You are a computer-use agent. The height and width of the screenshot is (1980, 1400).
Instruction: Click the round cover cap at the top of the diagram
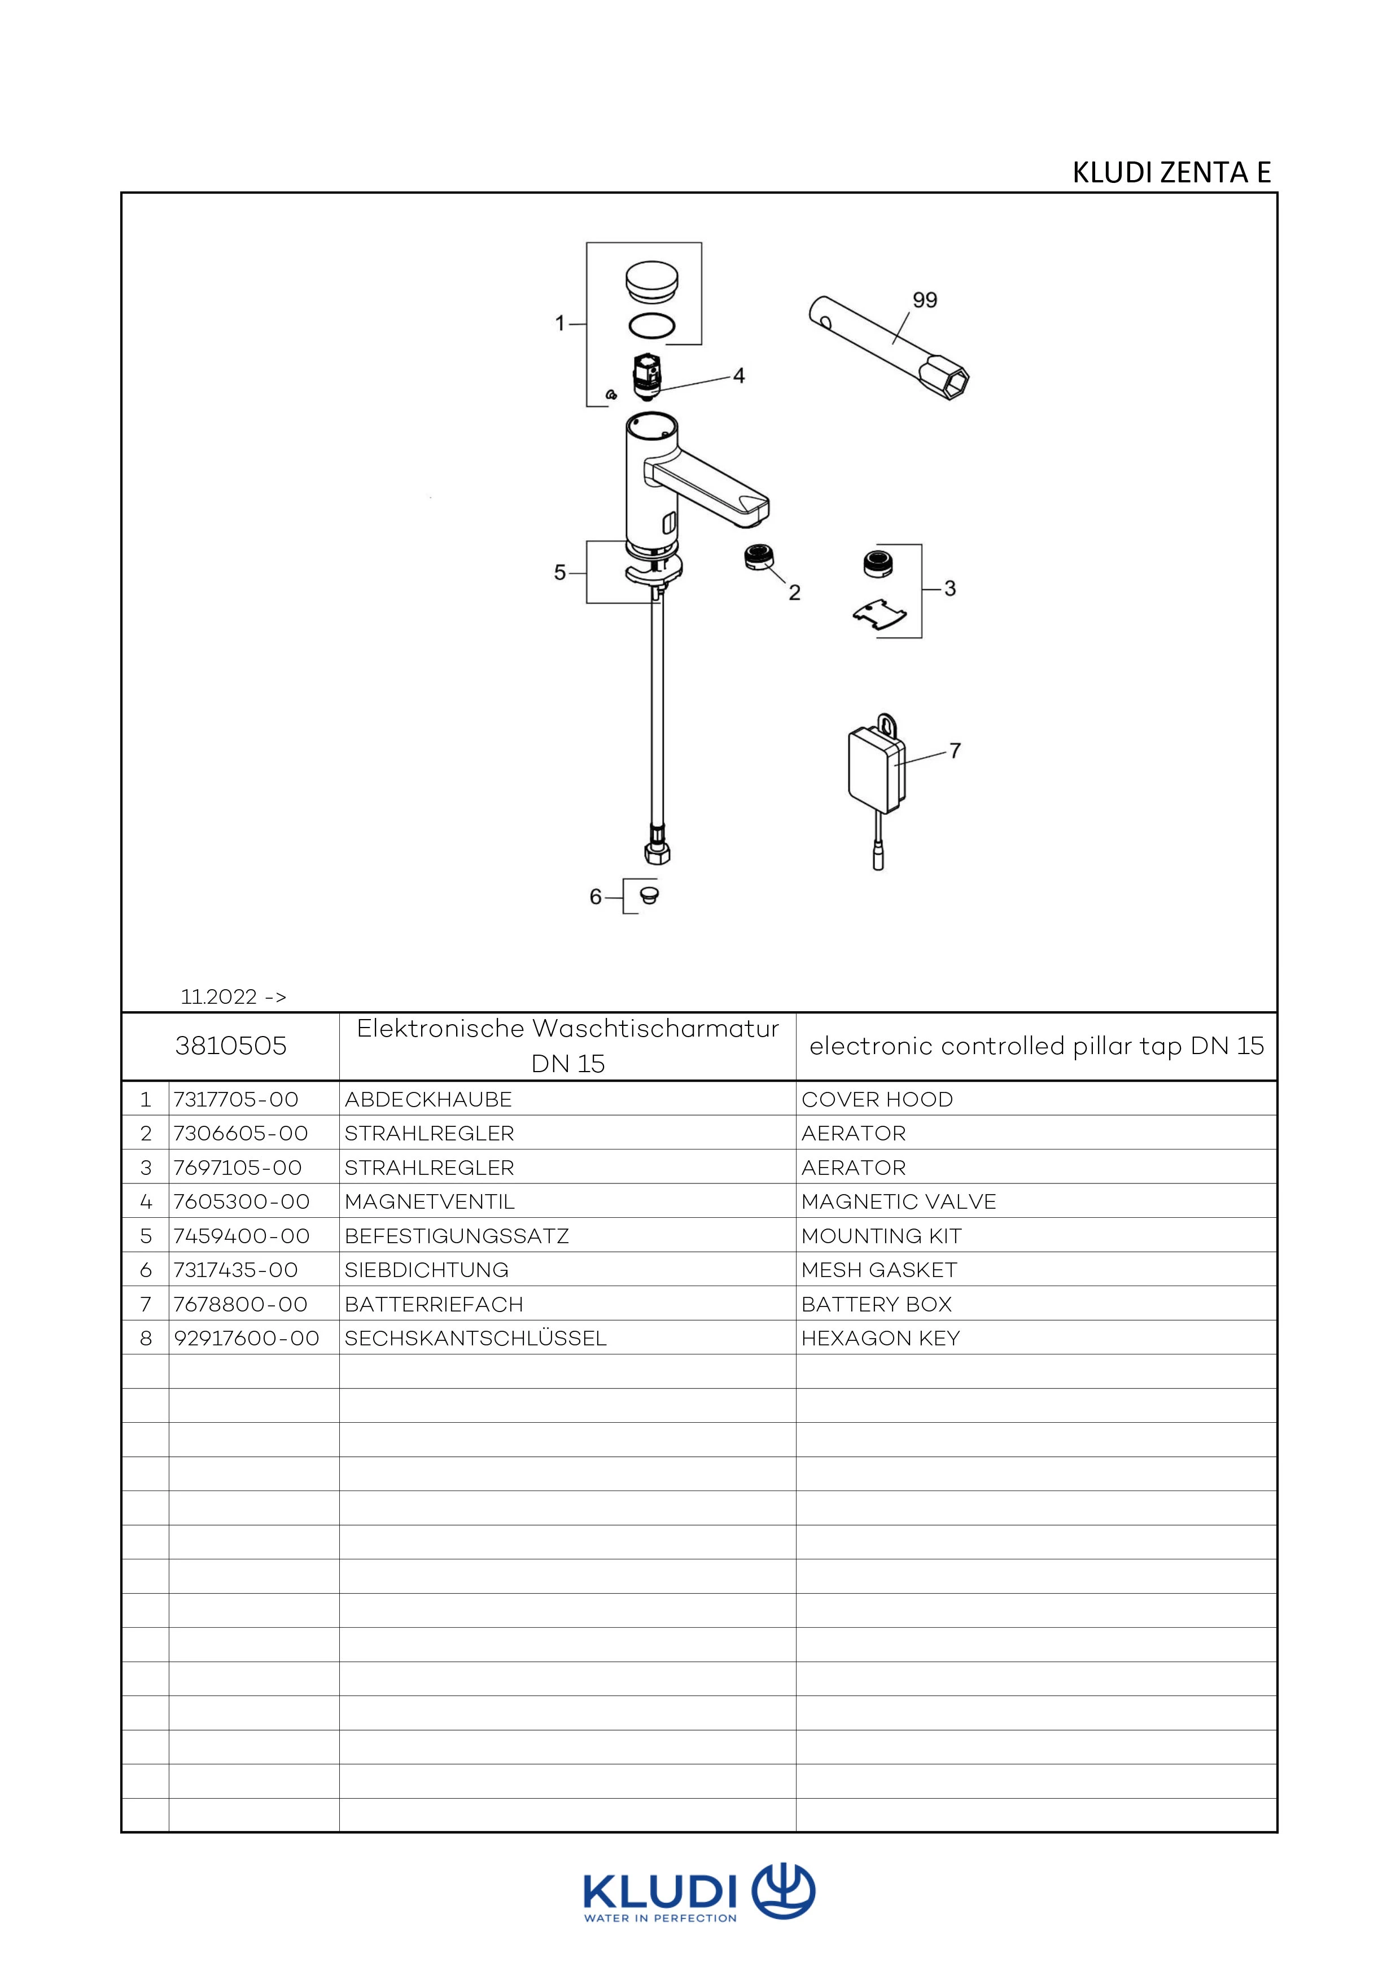click(651, 283)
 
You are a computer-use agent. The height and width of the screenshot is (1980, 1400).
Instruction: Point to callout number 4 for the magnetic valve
click(739, 376)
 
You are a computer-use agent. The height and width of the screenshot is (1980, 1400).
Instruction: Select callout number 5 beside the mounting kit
click(559, 572)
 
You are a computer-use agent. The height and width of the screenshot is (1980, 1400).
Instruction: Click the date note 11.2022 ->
click(233, 997)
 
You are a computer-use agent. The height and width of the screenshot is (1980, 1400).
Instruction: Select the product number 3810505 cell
click(230, 1046)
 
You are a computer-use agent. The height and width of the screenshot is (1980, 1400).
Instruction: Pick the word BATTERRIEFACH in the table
click(434, 1304)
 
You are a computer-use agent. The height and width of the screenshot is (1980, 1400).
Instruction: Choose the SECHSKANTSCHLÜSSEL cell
click(475, 1339)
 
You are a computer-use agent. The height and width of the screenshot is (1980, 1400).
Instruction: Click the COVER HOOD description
click(877, 1099)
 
